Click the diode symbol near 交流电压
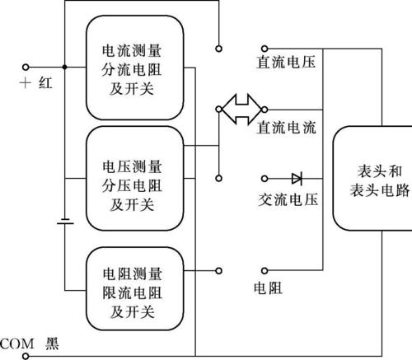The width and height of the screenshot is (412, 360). [297, 179]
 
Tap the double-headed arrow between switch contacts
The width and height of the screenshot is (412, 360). [241, 110]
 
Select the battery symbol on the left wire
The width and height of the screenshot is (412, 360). [65, 222]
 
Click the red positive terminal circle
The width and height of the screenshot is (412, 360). [26, 67]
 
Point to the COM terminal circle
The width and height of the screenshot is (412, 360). [26, 356]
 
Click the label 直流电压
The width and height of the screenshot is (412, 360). [286, 62]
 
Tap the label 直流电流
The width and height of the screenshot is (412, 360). [286, 128]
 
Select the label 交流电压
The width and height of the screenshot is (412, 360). [288, 199]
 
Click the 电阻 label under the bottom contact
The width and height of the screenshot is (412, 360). [268, 288]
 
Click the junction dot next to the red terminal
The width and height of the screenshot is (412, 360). [65, 67]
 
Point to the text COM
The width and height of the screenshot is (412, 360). [17, 344]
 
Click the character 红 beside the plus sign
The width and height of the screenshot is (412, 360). [45, 83]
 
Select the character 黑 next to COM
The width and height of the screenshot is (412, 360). [52, 344]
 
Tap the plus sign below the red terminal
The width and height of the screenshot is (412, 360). [26, 83]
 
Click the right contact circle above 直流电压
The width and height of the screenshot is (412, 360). [265, 49]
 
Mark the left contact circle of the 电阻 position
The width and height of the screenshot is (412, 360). [218, 271]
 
